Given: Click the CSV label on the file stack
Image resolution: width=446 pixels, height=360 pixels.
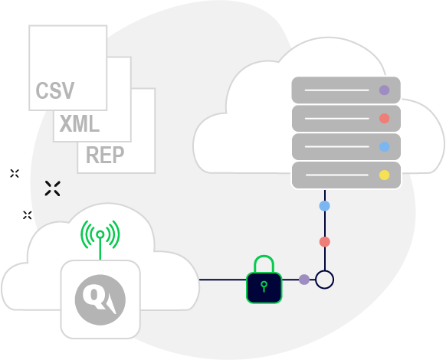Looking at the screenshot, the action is (55, 90).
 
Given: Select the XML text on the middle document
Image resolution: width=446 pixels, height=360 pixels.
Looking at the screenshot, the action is (80, 123).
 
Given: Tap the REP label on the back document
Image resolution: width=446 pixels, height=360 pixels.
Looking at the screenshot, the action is (105, 155).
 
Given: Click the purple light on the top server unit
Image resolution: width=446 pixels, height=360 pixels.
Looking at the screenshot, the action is (384, 90).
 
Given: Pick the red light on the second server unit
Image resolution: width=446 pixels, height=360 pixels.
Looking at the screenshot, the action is (384, 118).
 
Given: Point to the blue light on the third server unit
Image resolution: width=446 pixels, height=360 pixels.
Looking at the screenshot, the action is (384, 147).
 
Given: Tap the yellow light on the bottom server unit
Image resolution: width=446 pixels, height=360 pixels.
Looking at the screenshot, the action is (384, 175).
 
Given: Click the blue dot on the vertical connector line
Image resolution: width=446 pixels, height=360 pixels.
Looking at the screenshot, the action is (325, 206).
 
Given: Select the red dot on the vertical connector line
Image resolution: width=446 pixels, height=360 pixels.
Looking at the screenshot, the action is (325, 242).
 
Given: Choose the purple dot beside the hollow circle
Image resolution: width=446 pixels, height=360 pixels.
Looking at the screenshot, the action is (304, 280).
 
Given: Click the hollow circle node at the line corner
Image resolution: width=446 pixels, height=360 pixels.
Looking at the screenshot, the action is (325, 270).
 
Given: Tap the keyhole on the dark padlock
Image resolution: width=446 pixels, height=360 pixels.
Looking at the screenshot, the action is (264, 286).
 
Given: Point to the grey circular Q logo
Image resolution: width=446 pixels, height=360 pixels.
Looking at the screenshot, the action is (100, 299).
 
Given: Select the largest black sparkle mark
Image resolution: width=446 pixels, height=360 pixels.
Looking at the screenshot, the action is (52, 188).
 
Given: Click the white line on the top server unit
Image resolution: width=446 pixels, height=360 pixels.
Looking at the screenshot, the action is (336, 90).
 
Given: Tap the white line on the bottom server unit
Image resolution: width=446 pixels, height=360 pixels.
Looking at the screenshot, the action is (336, 175).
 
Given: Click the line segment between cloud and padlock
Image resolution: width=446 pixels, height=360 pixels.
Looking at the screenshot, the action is (223, 280).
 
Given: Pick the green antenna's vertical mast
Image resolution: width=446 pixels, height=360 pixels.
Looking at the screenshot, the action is (100, 249).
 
